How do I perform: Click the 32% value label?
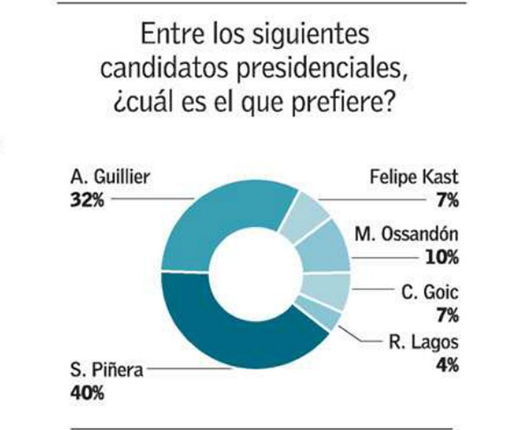point(87,200)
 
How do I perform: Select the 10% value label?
point(441,257)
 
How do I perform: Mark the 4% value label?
point(450,363)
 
